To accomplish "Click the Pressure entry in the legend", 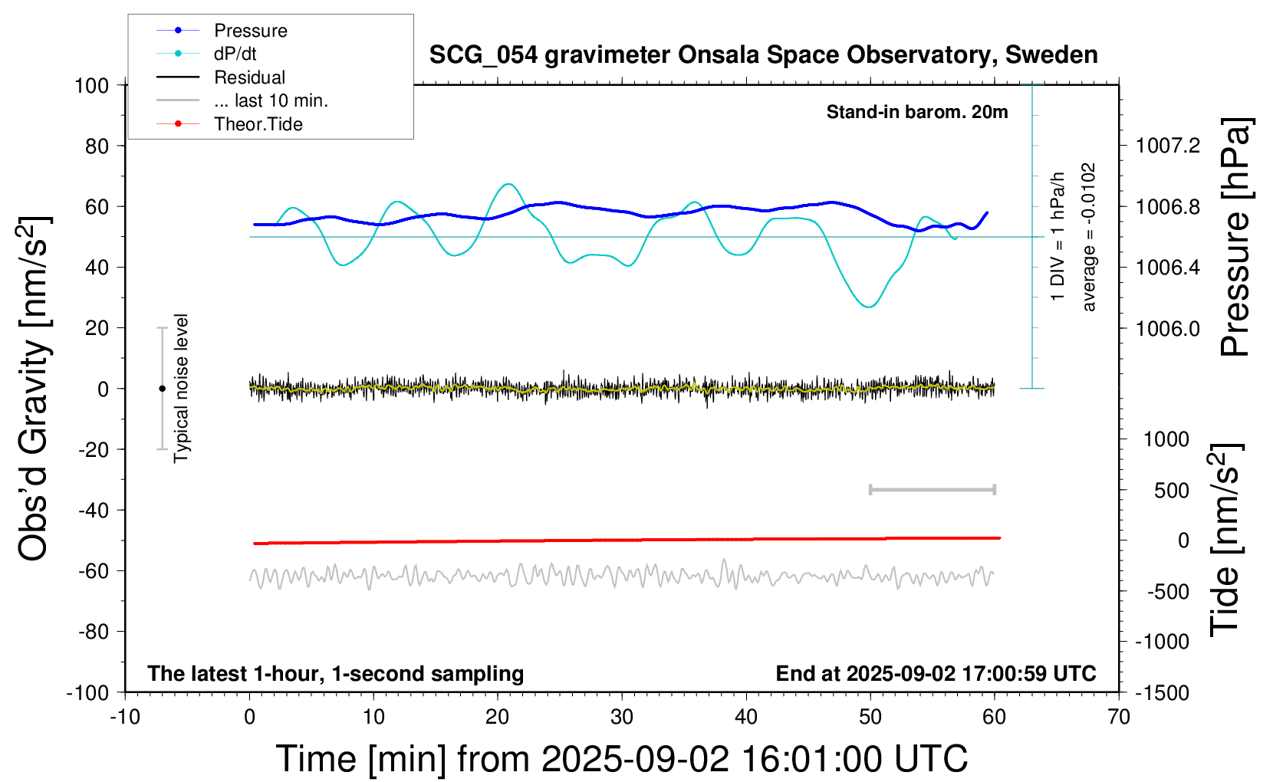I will pyautogui.click(x=250, y=31).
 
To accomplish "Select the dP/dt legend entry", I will pyautogui.click(x=235, y=54).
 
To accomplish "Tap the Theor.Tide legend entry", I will pyautogui.click(x=258, y=124).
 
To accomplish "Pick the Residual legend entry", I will pyautogui.click(x=249, y=77).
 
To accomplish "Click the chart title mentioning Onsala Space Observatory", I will pyautogui.click(x=763, y=55).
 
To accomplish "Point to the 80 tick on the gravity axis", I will pyautogui.click(x=97, y=146).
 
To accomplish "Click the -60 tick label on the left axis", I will pyautogui.click(x=94, y=570).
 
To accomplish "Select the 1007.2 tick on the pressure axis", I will pyautogui.click(x=1168, y=146).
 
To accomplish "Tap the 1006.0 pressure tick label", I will pyautogui.click(x=1168, y=328).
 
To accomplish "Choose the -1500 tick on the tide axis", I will pyautogui.click(x=1162, y=693).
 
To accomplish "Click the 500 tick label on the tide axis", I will pyautogui.click(x=1172, y=491).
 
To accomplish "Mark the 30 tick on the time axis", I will pyautogui.click(x=622, y=718).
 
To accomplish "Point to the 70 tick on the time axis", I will pyautogui.click(x=1119, y=718).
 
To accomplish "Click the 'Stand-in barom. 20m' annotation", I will pyautogui.click(x=917, y=112).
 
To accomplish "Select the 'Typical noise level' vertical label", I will pyautogui.click(x=181, y=388).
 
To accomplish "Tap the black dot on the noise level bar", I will pyautogui.click(x=162, y=389).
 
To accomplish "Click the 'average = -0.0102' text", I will pyautogui.click(x=1089, y=237).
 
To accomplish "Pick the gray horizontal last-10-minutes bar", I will pyautogui.click(x=932, y=490).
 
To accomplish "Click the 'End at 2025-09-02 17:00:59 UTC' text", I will pyautogui.click(x=936, y=674).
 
